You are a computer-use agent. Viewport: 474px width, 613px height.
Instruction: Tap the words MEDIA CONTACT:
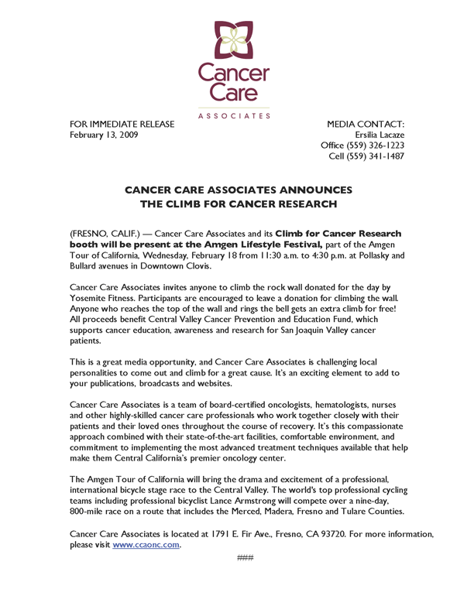pos(366,124)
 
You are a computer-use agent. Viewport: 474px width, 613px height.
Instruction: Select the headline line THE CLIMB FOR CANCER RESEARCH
pos(238,204)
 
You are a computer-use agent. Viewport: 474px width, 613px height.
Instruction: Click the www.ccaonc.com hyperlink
pos(146,545)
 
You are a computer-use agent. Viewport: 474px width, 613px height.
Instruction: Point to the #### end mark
pos(245,557)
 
